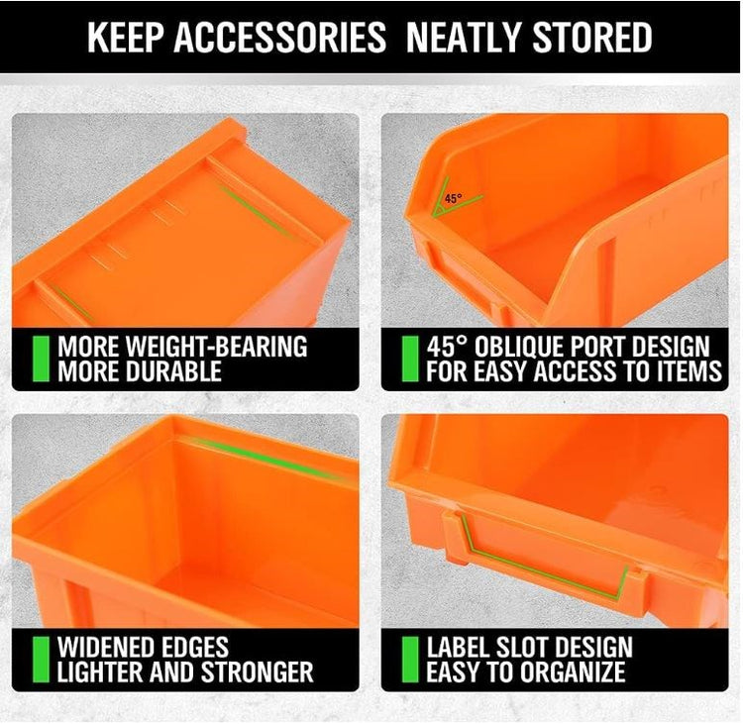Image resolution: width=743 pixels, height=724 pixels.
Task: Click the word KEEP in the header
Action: click(125, 38)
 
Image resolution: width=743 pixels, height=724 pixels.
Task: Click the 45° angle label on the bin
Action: click(453, 198)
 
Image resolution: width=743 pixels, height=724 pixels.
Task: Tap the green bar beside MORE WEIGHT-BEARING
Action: click(41, 359)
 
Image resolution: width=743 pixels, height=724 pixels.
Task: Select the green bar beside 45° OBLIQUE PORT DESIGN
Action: click(409, 359)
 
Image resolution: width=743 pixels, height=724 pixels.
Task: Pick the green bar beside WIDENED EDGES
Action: click(41, 660)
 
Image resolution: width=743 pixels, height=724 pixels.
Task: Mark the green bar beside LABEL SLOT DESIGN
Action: click(409, 660)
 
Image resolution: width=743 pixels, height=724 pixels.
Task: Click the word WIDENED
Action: click(106, 648)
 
